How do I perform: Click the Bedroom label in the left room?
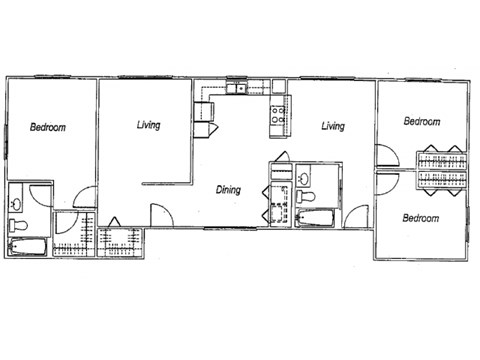pyautogui.click(x=48, y=127)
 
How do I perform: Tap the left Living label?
pyautogui.click(x=149, y=126)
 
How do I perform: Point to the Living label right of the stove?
pyautogui.click(x=333, y=126)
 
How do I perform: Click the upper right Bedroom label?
pyautogui.click(x=421, y=121)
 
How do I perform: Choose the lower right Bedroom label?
pyautogui.click(x=421, y=217)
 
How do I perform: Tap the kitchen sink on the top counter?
pyautogui.click(x=241, y=90)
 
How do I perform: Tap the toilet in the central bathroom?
pyautogui.click(x=309, y=196)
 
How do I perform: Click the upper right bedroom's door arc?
pyautogui.click(x=384, y=156)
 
